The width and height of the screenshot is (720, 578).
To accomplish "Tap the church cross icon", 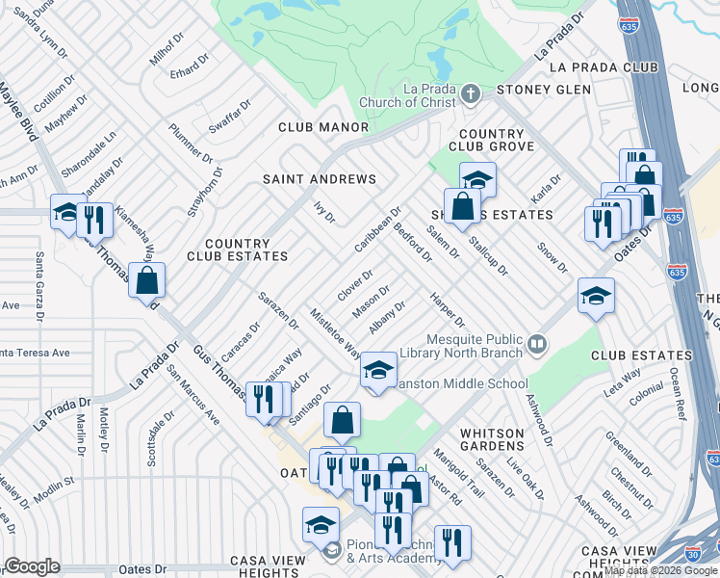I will (470, 94).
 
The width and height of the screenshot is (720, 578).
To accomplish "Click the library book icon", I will (537, 342).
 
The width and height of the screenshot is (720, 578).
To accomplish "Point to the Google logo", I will (32, 566).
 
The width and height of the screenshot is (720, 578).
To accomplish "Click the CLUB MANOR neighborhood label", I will (323, 127).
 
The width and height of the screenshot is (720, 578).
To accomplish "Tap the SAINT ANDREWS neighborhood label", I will (320, 179).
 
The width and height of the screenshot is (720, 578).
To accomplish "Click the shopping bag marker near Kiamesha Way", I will (147, 281).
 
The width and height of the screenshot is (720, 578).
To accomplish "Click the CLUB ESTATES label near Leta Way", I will (629, 355).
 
